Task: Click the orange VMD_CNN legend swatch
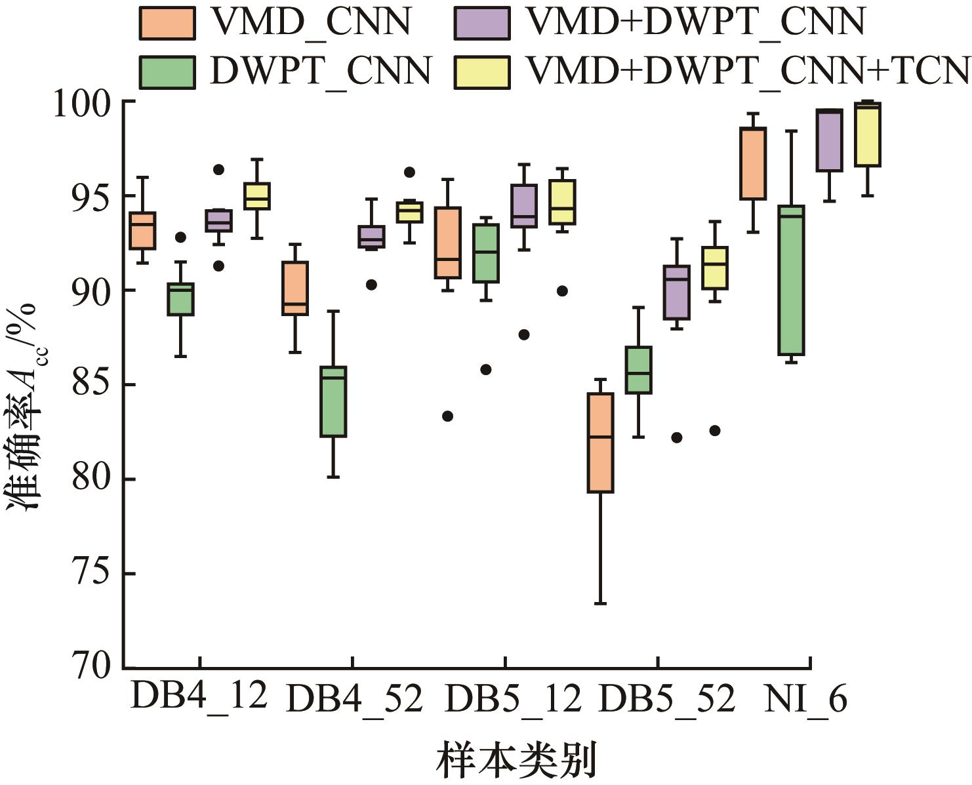[167, 23]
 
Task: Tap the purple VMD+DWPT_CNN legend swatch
[482, 23]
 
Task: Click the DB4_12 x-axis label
[199, 697]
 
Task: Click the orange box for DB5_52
[600, 443]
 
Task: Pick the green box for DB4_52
[333, 401]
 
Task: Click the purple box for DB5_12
[524, 206]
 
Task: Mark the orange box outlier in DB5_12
[447, 416]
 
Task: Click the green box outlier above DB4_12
[180, 237]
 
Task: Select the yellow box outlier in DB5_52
[715, 430]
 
